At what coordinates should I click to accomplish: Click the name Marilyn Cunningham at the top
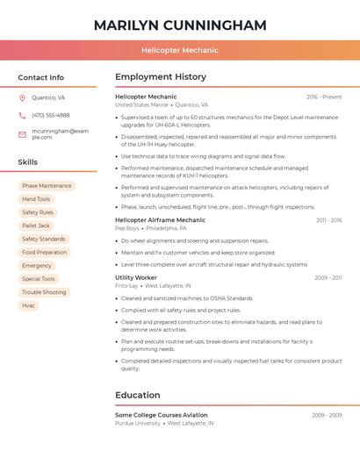point(180,25)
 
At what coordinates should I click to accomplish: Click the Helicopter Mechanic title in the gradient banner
point(180,50)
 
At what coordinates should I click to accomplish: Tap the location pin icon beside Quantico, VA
point(22,97)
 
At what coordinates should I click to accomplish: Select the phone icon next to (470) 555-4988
point(22,115)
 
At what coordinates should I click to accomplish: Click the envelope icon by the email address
point(22,133)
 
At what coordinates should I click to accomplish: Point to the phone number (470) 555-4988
point(50,115)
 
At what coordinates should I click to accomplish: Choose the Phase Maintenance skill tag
point(47,186)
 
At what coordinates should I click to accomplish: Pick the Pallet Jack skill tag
point(36,225)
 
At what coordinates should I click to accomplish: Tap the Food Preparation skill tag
point(44,252)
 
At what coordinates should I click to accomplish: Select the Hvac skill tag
point(29,305)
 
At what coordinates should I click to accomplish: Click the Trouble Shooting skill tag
point(44,292)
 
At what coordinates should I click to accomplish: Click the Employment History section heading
point(160,77)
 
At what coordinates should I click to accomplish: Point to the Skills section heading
point(28,162)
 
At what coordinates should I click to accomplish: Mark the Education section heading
point(138,395)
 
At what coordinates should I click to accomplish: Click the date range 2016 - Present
point(324,97)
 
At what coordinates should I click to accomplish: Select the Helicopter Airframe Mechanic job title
point(160,219)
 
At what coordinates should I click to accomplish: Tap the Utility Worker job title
point(136,277)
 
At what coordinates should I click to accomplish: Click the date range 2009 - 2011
point(328,277)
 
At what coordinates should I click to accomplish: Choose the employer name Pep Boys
point(127,228)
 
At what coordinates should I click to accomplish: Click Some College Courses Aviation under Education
point(162,415)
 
